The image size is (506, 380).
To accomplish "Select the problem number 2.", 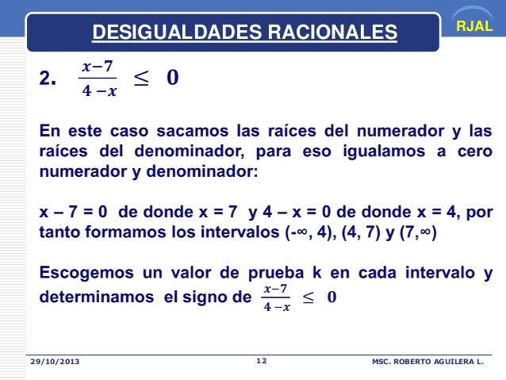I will click(48, 79).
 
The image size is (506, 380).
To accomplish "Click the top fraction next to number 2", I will click(98, 79).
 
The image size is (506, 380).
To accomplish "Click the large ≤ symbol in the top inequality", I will click(140, 78).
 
